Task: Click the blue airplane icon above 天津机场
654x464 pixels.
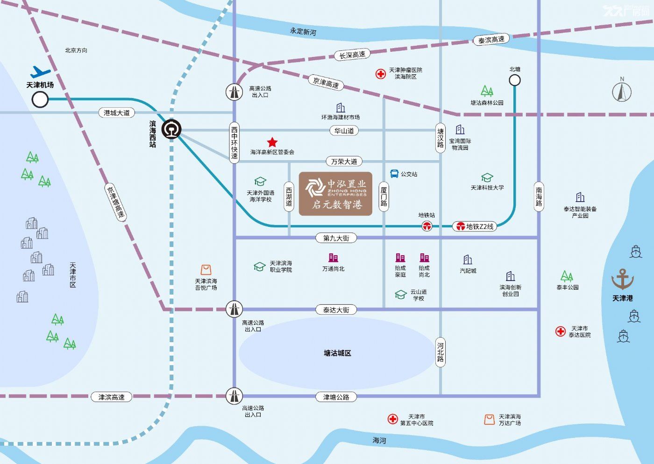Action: (x=41, y=72)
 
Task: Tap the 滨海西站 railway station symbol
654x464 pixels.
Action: (x=172, y=129)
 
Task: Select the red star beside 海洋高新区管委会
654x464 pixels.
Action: (x=272, y=142)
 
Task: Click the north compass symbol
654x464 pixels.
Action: (x=622, y=91)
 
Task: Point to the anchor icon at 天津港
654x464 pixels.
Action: (x=622, y=279)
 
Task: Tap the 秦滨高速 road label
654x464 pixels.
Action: (x=491, y=39)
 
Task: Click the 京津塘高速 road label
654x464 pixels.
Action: (x=116, y=202)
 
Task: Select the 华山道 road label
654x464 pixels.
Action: (x=344, y=130)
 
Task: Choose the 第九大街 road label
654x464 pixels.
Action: (x=336, y=238)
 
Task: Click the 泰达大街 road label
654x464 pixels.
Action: (x=336, y=309)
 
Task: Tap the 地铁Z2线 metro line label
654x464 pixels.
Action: (x=475, y=226)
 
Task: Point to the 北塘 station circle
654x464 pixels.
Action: (x=515, y=80)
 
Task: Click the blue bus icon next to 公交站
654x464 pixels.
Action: (x=394, y=174)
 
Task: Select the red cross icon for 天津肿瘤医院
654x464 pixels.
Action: (x=380, y=74)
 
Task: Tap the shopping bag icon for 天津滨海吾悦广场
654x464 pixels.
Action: (x=206, y=270)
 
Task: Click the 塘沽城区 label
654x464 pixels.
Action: (x=337, y=353)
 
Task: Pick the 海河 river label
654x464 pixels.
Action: (x=379, y=440)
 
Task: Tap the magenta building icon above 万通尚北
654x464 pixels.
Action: (x=333, y=258)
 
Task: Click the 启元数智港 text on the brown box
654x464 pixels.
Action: (x=337, y=204)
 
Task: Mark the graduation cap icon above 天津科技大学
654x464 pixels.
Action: (x=487, y=177)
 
